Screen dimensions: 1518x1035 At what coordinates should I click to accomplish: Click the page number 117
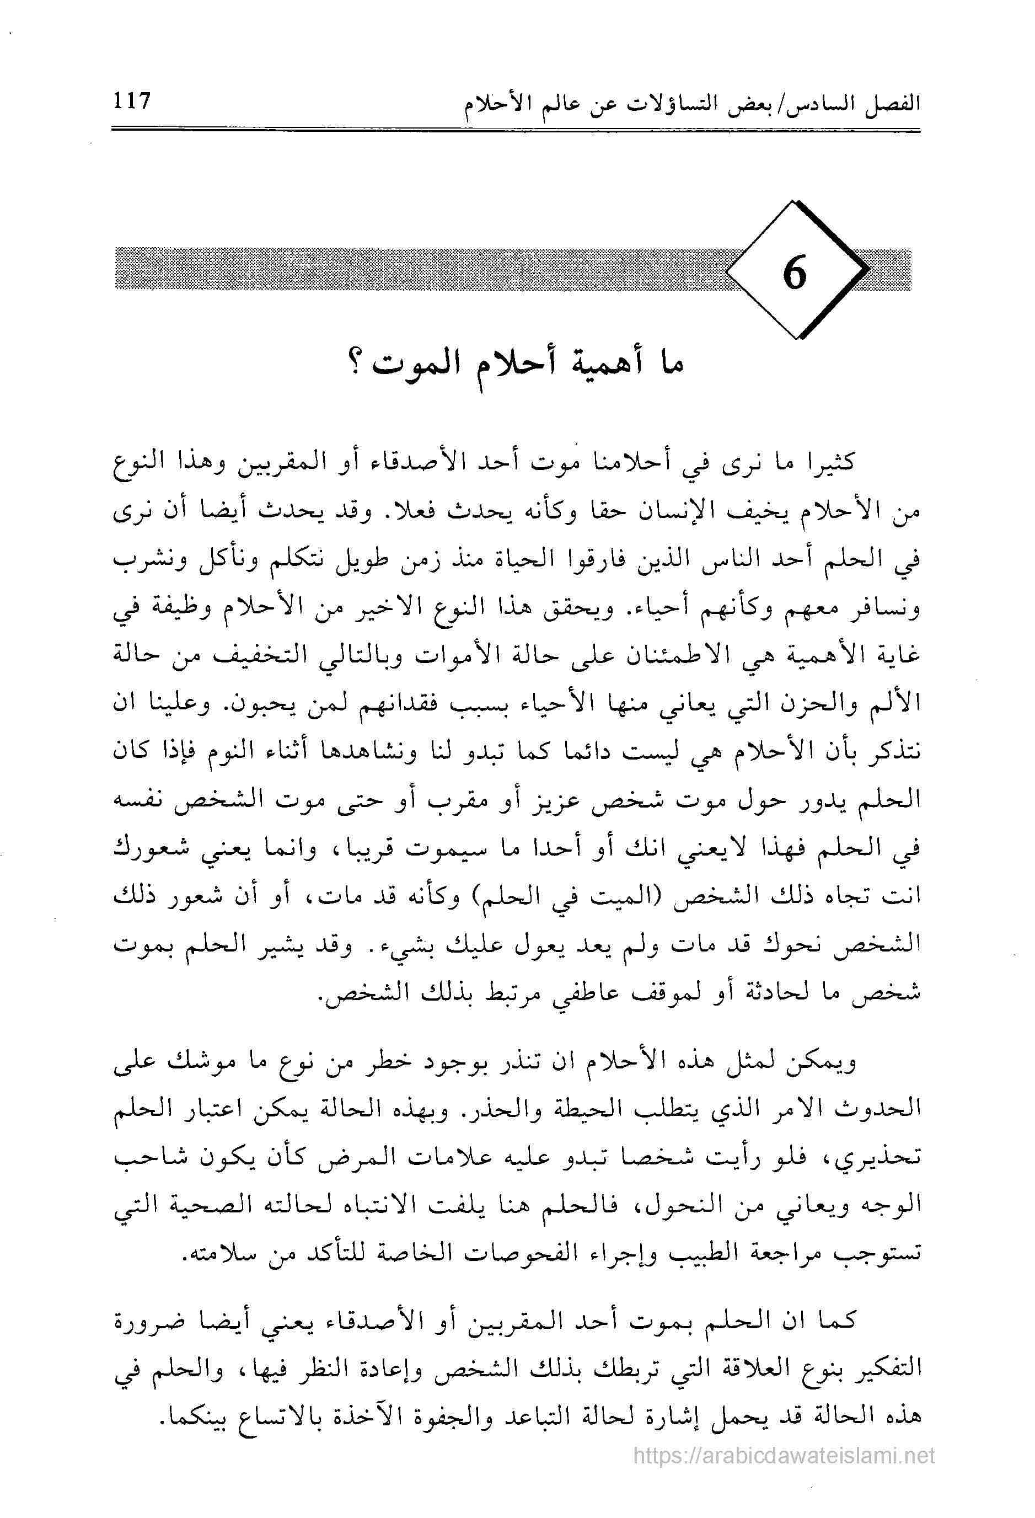pyautogui.click(x=132, y=102)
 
